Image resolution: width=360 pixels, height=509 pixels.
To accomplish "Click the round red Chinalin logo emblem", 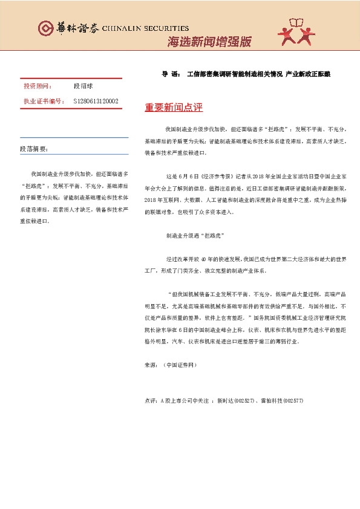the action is click(45, 28).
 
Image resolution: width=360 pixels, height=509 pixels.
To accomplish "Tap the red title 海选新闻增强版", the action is click(208, 42).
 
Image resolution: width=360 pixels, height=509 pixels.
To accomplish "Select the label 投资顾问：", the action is click(38, 86).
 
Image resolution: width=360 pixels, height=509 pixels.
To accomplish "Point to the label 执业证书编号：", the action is click(44, 102).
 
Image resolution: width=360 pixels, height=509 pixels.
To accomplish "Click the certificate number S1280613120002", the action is click(96, 102).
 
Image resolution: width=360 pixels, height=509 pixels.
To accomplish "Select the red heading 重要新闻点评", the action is click(174, 108).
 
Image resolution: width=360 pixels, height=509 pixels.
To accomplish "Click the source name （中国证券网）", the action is click(180, 365).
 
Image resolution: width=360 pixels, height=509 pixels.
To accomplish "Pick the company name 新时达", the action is click(223, 401).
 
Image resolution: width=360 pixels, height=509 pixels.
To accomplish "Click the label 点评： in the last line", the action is click(151, 401).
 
